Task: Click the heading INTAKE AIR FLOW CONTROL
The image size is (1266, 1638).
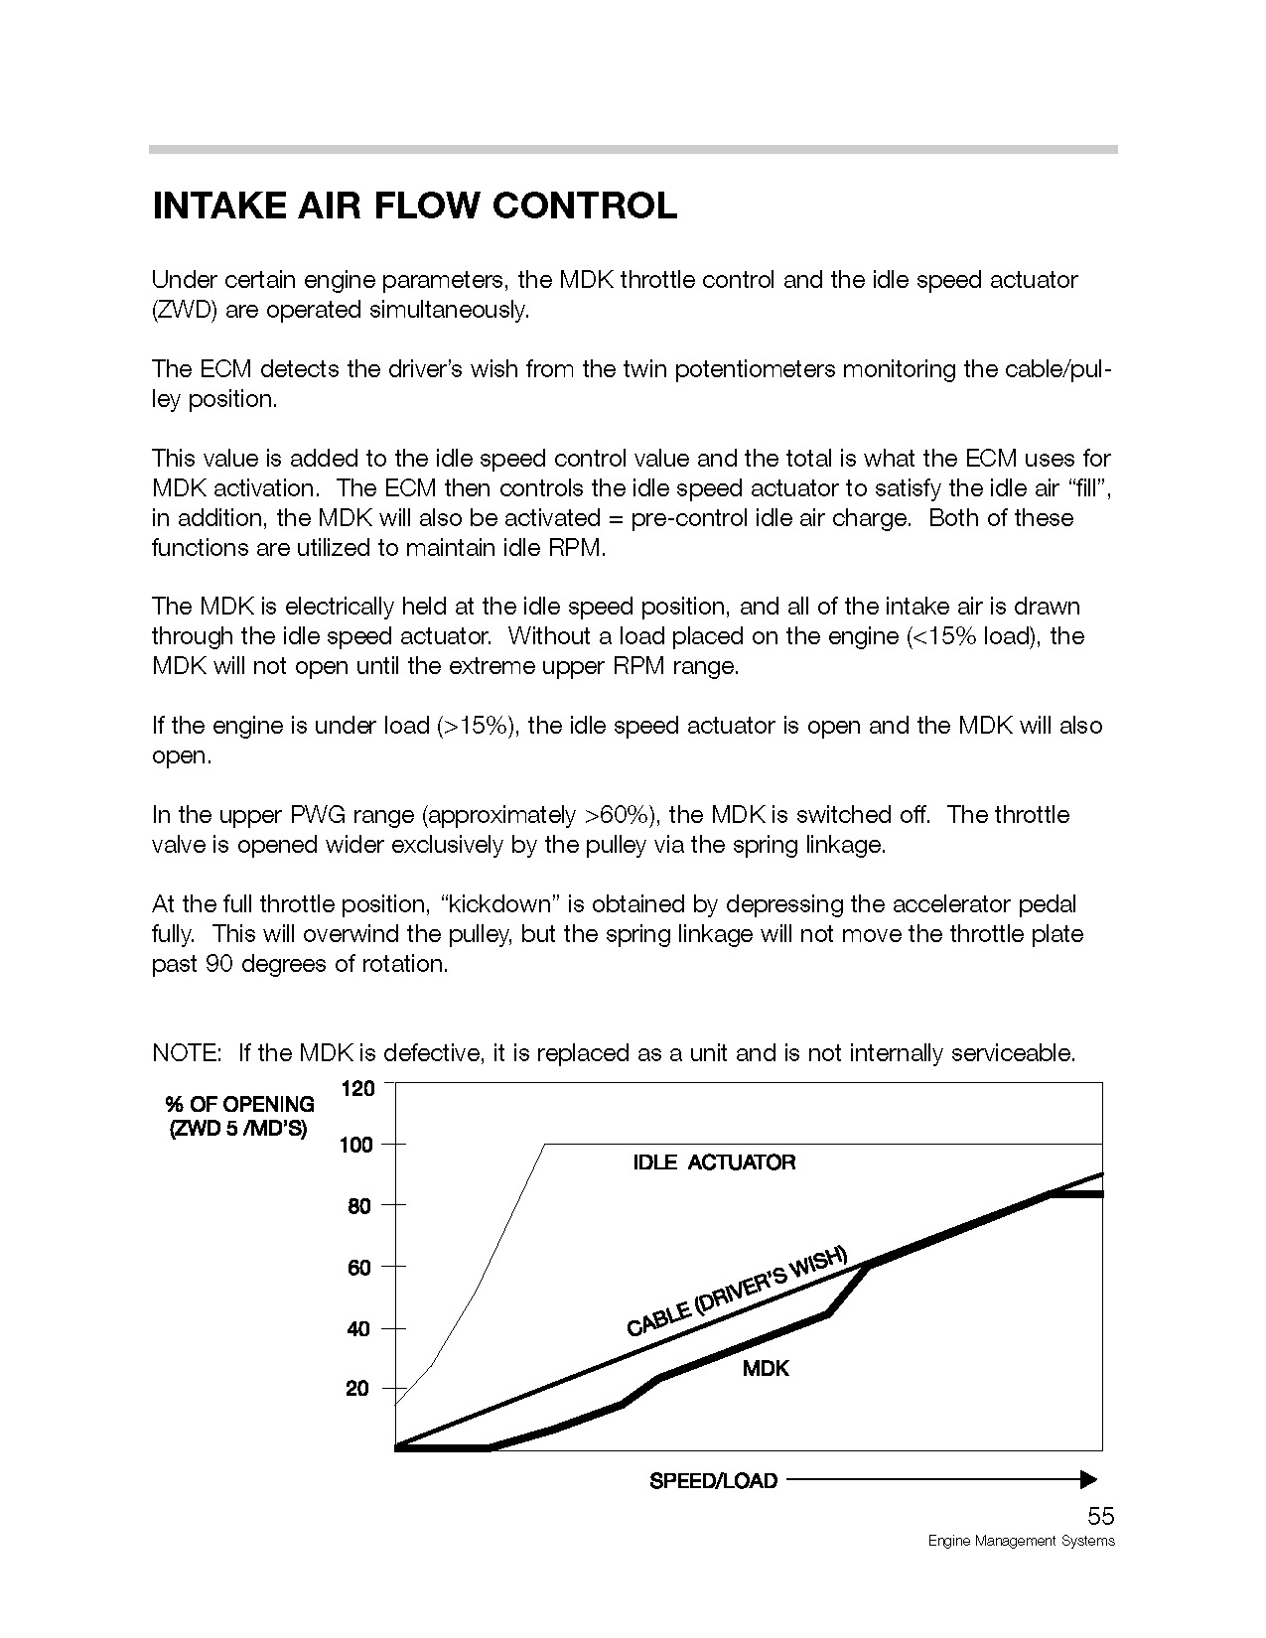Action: point(414,205)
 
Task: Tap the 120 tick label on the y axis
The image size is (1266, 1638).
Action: point(358,1089)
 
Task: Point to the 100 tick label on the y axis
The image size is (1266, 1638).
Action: point(356,1146)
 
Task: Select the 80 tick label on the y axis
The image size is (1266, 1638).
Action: point(358,1206)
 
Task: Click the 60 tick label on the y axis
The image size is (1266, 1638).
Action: point(358,1268)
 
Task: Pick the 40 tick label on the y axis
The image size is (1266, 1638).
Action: point(358,1328)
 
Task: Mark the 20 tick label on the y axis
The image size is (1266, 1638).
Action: point(358,1389)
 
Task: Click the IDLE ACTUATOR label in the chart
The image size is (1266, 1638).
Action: point(714,1162)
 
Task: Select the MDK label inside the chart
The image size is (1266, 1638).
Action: point(766,1369)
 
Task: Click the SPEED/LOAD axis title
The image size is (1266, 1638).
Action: point(713,1481)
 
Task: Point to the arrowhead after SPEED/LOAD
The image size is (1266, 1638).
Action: point(1088,1480)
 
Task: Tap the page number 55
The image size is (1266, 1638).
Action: point(1100,1516)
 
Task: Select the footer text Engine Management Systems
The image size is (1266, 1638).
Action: point(1021,1541)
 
